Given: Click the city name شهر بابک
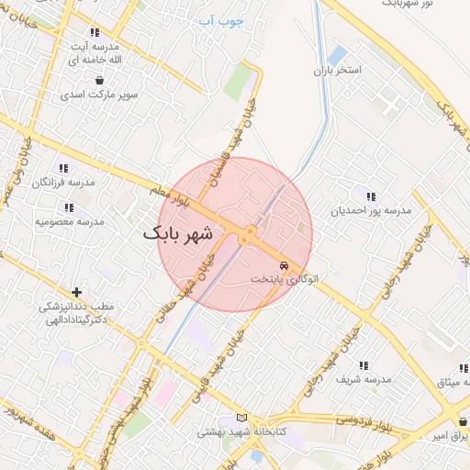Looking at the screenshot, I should [x=177, y=234].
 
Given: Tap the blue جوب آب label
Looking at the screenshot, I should [x=220, y=18].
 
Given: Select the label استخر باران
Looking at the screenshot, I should [x=338, y=70].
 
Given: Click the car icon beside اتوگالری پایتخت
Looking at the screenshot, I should [x=285, y=263].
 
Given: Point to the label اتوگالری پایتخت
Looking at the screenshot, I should [x=285, y=277].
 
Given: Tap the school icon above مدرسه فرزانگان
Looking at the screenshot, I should [x=63, y=168].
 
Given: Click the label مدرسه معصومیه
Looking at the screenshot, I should [x=70, y=221].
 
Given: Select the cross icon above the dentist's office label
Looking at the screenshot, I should [x=75, y=292].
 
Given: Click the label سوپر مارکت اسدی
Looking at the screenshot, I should [x=98, y=94].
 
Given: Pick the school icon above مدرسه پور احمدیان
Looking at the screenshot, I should [x=371, y=196].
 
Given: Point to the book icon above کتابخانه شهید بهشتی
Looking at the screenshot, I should [x=242, y=417].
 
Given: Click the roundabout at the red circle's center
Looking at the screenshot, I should [x=248, y=236].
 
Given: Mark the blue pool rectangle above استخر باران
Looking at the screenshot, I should [x=337, y=55].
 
